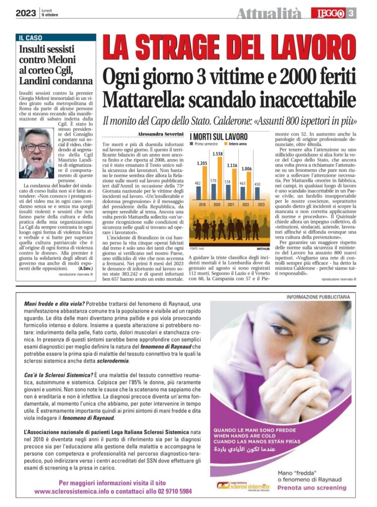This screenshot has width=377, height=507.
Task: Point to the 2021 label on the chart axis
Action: click(x=230, y=204)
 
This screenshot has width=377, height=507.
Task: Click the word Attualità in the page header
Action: click(x=269, y=13)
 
